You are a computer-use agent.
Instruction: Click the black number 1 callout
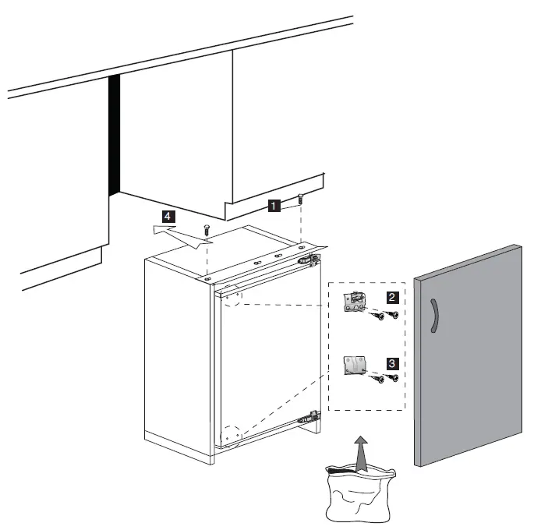pos(274,205)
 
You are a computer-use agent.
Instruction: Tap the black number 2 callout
pos(393,296)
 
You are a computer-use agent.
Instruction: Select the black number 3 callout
pos(393,362)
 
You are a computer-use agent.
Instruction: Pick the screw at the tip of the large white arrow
pos(206,229)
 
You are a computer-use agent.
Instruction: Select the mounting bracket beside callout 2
pos(355,302)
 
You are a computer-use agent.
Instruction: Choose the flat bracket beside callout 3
pos(355,365)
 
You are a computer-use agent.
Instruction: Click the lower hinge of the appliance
pos(311,418)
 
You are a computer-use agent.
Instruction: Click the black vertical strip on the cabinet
pos(114,136)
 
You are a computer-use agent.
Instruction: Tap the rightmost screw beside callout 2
pos(394,315)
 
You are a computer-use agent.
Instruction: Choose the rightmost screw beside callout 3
pos(394,379)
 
